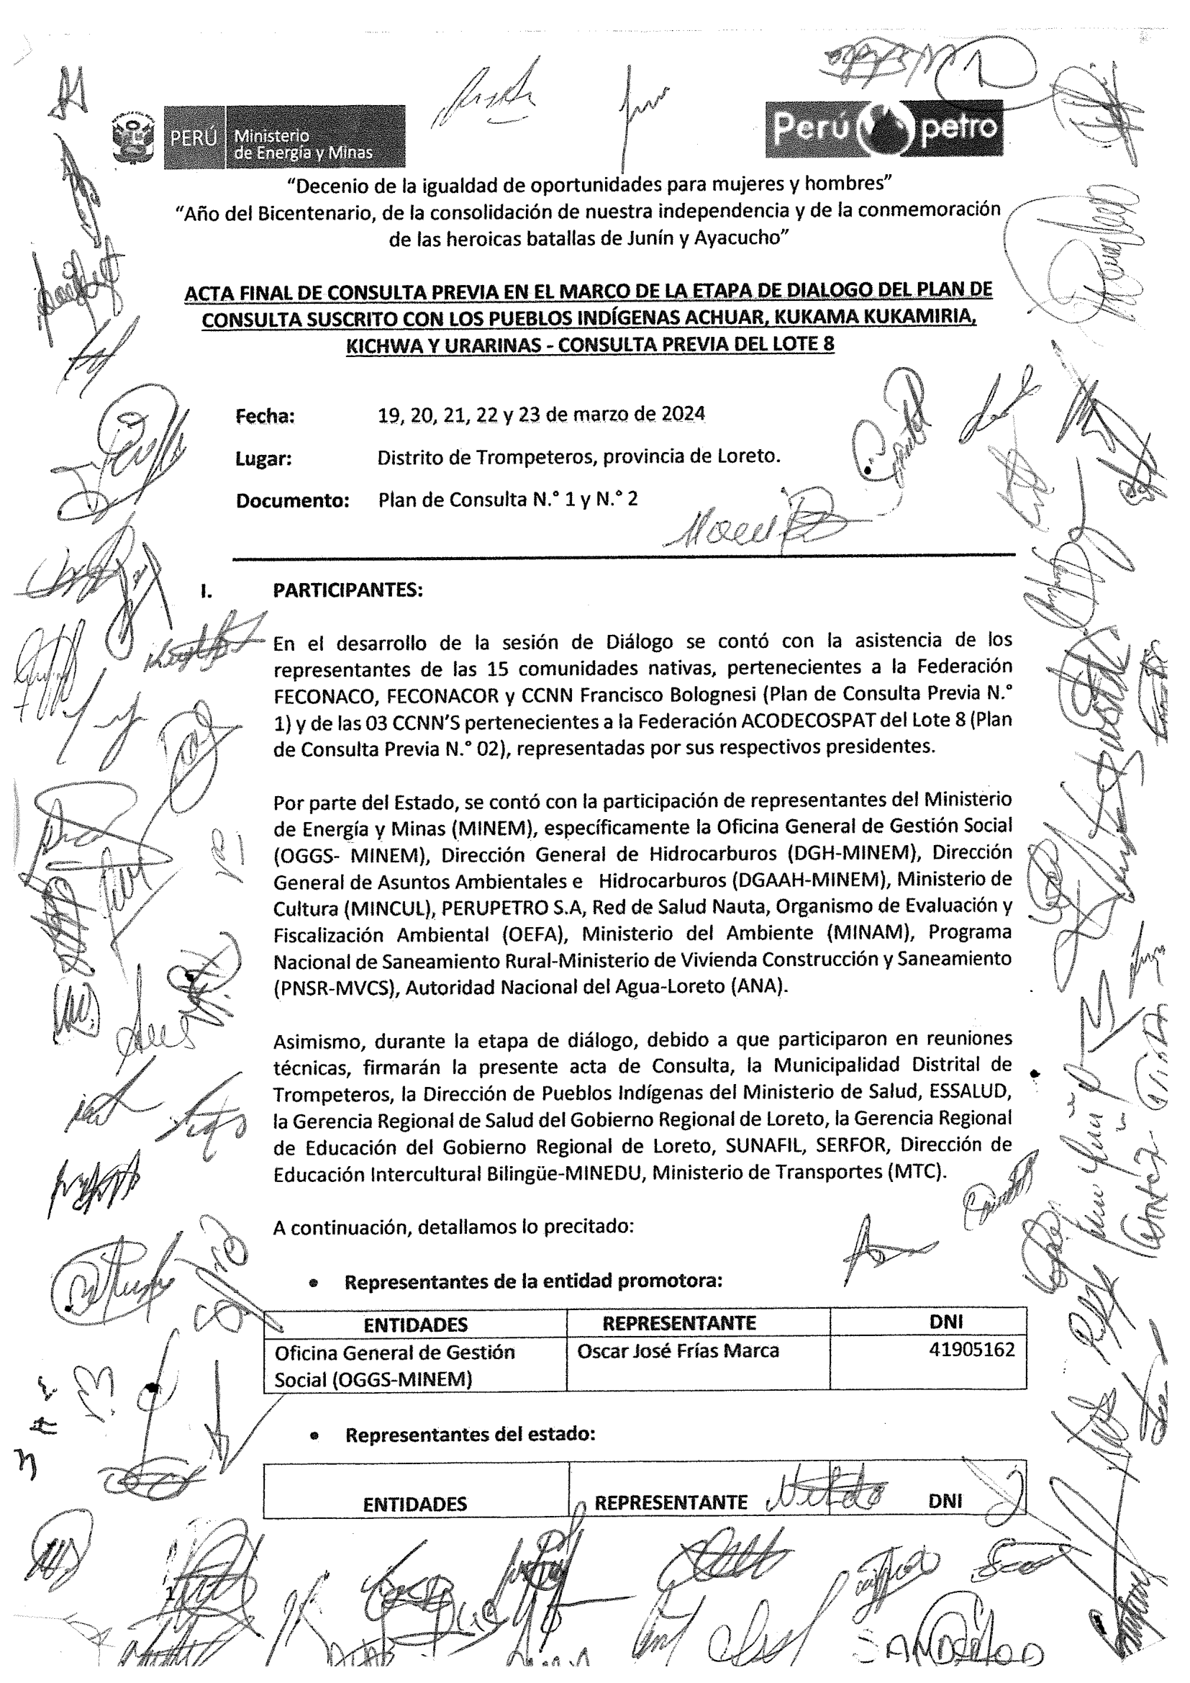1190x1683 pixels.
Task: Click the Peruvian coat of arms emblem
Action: tap(135, 137)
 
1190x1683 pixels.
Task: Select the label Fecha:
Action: tap(265, 416)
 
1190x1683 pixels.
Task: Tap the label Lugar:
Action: tap(263, 459)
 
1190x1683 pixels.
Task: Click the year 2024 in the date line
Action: tap(683, 414)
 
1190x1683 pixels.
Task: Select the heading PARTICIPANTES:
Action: tap(348, 590)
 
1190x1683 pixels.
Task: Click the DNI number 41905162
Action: tap(971, 1350)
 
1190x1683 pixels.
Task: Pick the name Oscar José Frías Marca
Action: tap(678, 1350)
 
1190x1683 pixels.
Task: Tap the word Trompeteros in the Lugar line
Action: tap(537, 456)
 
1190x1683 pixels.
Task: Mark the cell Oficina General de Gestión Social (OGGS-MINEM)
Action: tap(394, 1365)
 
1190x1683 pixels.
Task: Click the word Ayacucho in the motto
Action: tap(737, 238)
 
